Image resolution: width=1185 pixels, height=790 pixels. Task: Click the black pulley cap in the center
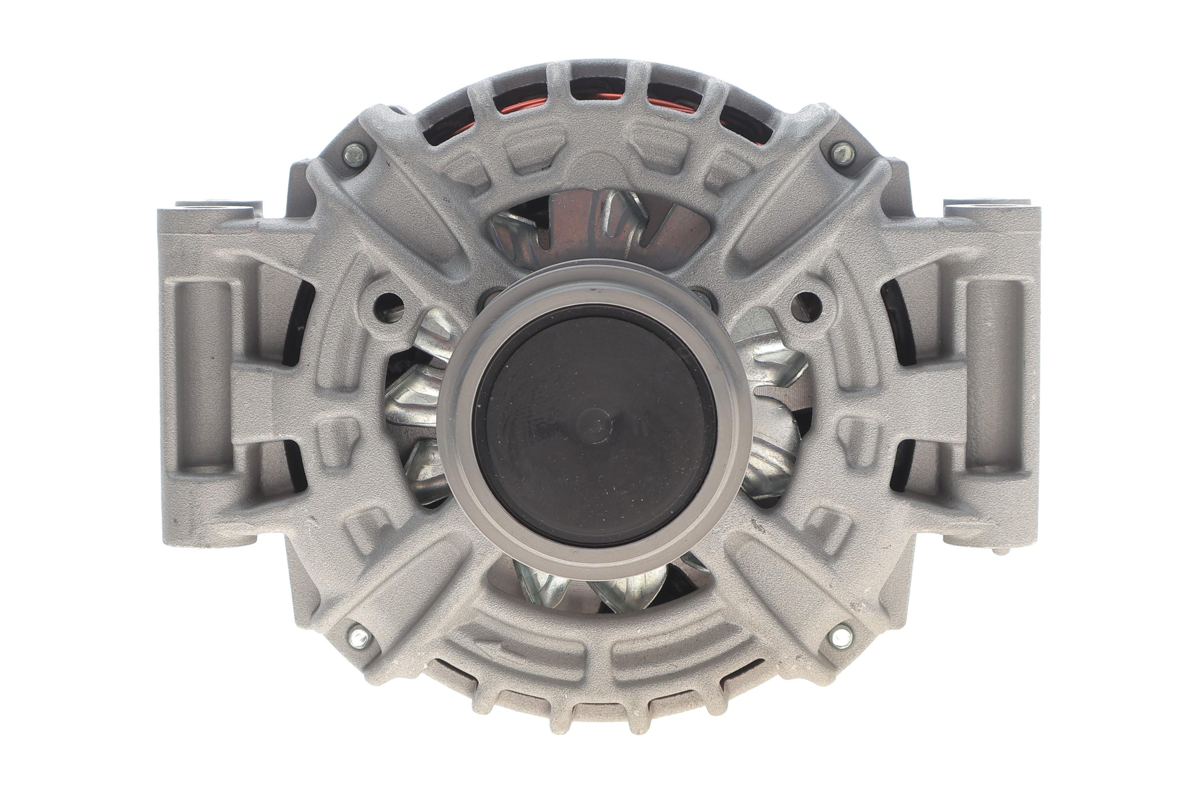(x=594, y=428)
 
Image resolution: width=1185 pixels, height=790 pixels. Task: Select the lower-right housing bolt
(x=840, y=636)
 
